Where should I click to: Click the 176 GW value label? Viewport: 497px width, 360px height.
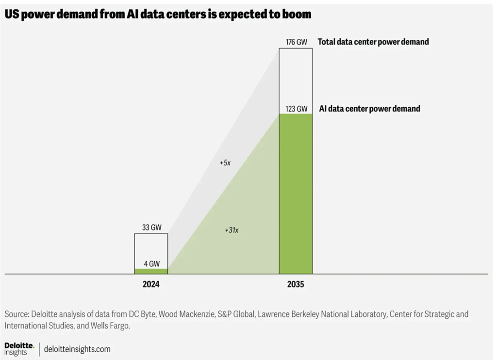[296, 42]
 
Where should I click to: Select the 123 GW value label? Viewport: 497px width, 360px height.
[296, 108]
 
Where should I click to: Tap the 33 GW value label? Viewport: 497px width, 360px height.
[151, 228]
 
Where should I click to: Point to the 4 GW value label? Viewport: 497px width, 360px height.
[151, 263]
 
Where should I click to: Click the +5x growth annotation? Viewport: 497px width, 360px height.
[225, 163]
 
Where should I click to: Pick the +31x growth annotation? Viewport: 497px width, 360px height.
[232, 230]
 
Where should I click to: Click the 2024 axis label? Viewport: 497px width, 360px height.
[151, 284]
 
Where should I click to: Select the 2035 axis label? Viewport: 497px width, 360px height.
[296, 284]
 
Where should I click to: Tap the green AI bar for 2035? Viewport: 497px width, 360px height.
[296, 194]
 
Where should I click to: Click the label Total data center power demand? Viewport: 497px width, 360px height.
[373, 42]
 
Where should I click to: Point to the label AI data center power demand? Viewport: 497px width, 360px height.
[369, 109]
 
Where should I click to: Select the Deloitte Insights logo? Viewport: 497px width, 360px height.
[19, 348]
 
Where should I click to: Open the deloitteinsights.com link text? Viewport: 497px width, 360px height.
[77, 349]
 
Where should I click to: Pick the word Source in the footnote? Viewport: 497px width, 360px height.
[16, 314]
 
